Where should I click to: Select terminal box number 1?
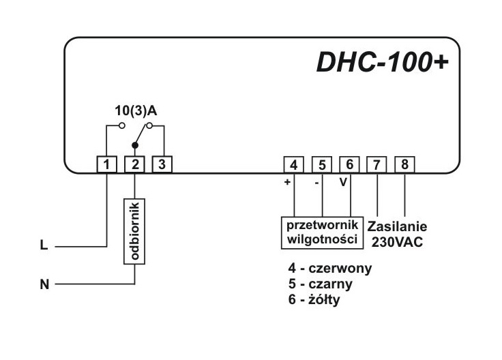pyautogui.click(x=107, y=164)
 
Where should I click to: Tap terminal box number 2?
pyautogui.click(x=134, y=164)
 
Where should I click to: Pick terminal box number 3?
pyautogui.click(x=161, y=164)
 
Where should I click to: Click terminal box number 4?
pyautogui.click(x=293, y=164)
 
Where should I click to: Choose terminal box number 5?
pyautogui.click(x=321, y=164)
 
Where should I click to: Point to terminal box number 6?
pyautogui.click(x=349, y=164)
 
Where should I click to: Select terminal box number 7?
pyautogui.click(x=377, y=164)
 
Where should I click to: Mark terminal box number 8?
pyautogui.click(x=405, y=164)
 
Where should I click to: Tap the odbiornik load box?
pyautogui.click(x=134, y=231)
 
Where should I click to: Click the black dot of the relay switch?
pyautogui.click(x=134, y=146)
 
